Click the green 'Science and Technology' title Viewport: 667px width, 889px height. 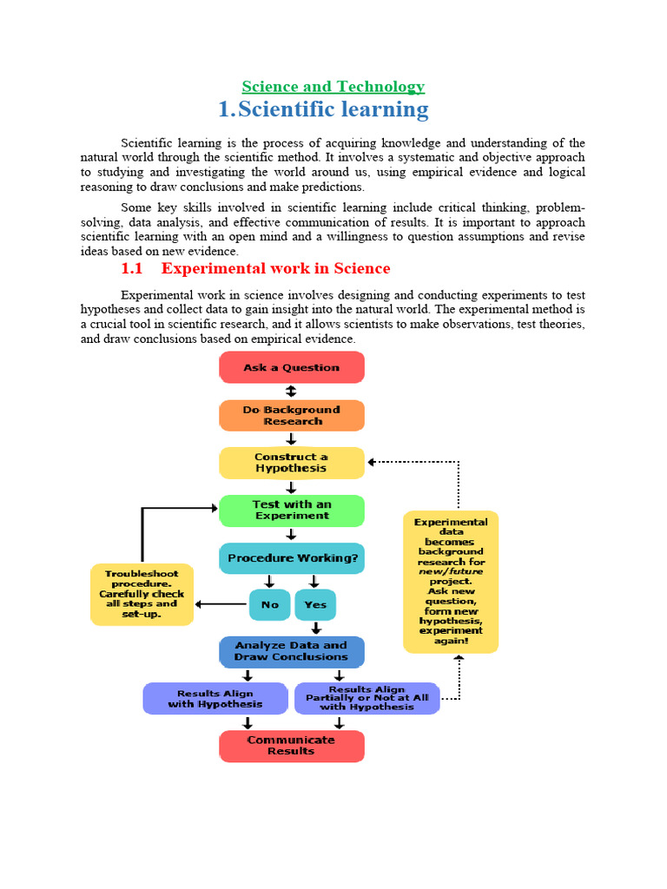[x=333, y=86]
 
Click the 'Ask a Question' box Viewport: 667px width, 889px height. [x=291, y=367]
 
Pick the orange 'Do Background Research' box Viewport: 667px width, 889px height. [x=291, y=415]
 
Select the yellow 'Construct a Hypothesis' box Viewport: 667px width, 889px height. [x=291, y=463]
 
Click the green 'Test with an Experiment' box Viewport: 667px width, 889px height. [x=291, y=510]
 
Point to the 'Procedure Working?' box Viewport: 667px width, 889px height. [x=291, y=558]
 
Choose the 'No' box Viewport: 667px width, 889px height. [x=270, y=605]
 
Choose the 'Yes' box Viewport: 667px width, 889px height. [x=315, y=605]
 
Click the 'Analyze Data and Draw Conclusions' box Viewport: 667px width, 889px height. [x=291, y=651]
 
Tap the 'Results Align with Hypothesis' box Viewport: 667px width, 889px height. [x=215, y=698]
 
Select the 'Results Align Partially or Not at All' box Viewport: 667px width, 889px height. [x=367, y=698]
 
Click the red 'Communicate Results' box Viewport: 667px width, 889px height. [x=291, y=746]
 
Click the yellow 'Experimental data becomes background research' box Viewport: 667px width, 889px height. [x=451, y=582]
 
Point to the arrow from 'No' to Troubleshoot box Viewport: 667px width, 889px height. [x=221, y=604]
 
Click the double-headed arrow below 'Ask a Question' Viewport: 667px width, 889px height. [x=291, y=392]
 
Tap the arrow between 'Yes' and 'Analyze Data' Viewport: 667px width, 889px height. [x=316, y=628]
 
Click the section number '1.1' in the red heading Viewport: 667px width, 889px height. [x=131, y=268]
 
